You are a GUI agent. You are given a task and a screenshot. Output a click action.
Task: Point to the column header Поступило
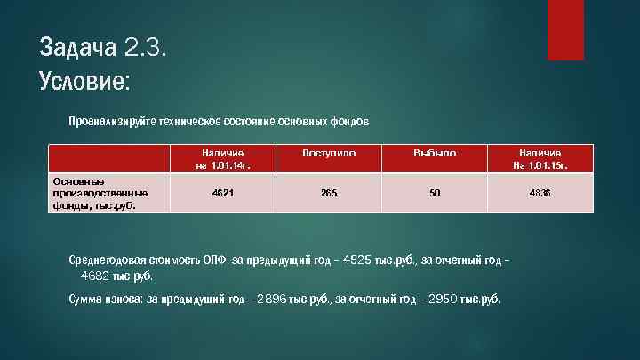[x=329, y=153]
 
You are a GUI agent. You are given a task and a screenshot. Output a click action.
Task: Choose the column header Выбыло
[x=434, y=153]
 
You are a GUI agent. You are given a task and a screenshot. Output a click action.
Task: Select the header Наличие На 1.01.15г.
[x=539, y=159]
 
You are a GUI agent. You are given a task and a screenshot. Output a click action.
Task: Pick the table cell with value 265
[x=329, y=192]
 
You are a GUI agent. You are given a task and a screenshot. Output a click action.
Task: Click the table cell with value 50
[x=434, y=192]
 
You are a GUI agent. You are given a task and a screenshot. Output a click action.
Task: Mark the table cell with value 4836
[x=539, y=192]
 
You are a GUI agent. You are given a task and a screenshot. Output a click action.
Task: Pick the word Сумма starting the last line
[x=86, y=299]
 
